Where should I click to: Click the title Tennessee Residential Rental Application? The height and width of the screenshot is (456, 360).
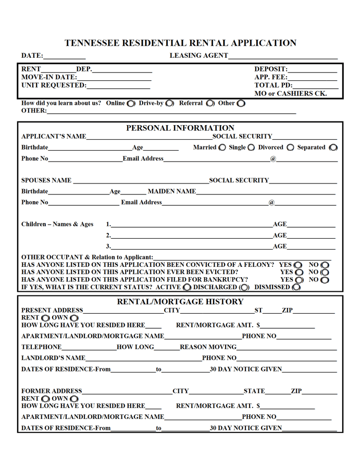(x=181, y=43)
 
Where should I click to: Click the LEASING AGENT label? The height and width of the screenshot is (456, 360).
(x=198, y=56)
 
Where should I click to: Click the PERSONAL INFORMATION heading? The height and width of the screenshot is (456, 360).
(x=180, y=128)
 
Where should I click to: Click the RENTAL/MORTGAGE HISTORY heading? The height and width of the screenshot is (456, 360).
(x=180, y=302)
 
